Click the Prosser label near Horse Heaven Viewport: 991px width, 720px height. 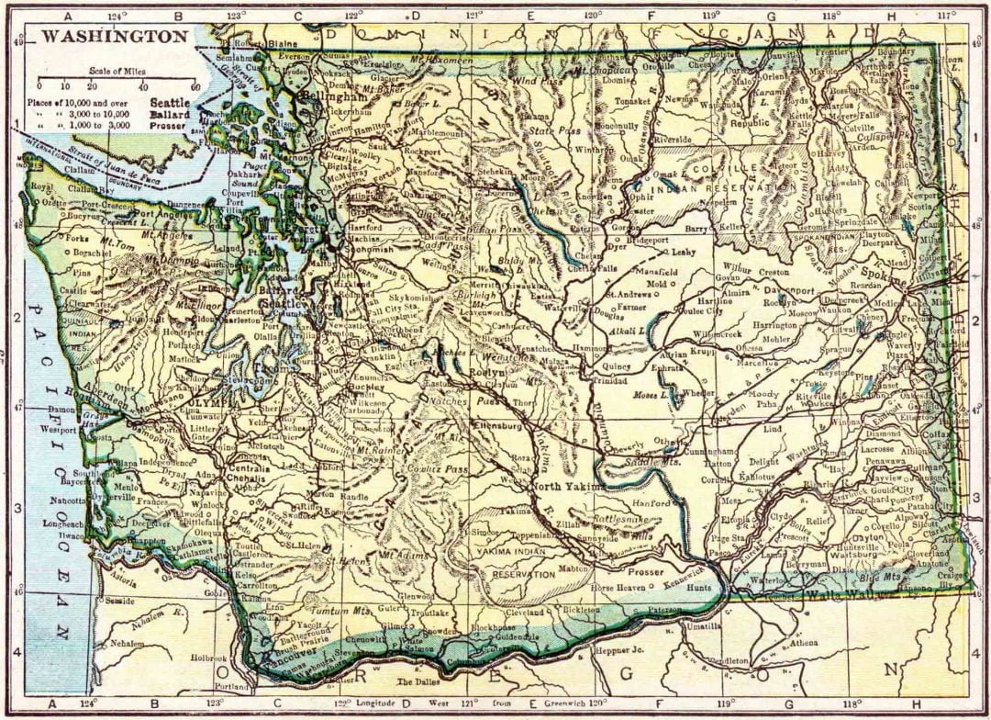coord(646,571)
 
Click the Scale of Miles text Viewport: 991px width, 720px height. coord(115,71)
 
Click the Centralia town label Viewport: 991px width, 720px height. coord(251,467)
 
